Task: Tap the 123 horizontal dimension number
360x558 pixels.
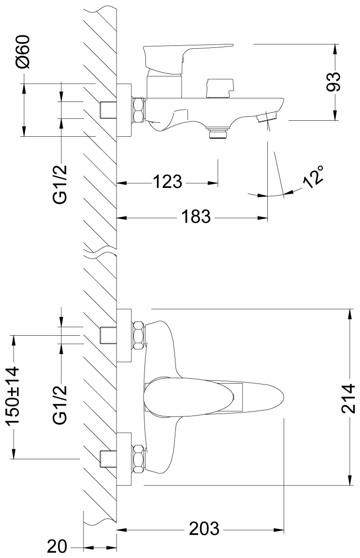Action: pyautogui.click(x=168, y=183)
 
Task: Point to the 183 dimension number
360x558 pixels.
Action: pyautogui.click(x=197, y=217)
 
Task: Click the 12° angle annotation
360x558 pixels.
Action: pyautogui.click(x=314, y=176)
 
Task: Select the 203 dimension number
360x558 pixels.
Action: pyautogui.click(x=204, y=529)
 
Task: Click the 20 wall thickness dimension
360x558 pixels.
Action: pyautogui.click(x=57, y=547)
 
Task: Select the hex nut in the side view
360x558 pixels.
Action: pyautogui.click(x=138, y=110)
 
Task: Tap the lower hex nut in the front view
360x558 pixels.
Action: pyautogui.click(x=139, y=458)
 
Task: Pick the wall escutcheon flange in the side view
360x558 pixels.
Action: pyautogui.click(x=125, y=110)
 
